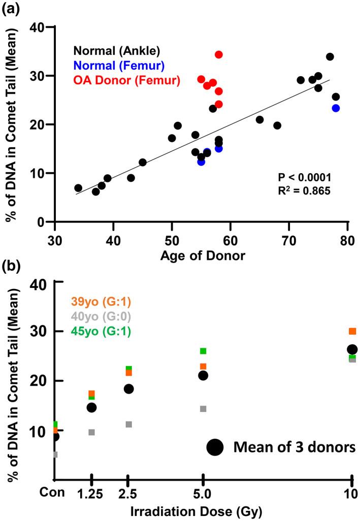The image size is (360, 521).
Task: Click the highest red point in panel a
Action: pyautogui.click(x=219, y=54)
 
